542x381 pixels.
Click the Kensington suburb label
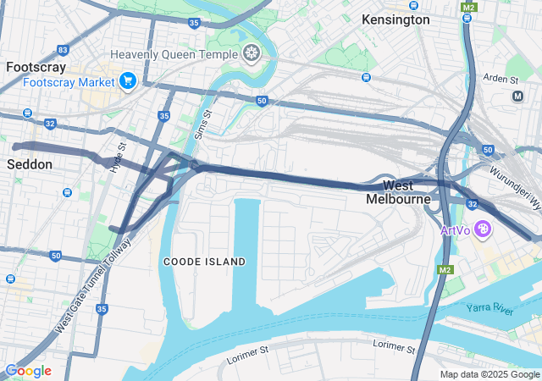(395, 19)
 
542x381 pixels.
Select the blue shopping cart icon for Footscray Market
(128, 81)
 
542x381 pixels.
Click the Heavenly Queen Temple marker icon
(251, 55)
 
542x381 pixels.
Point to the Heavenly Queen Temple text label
(174, 55)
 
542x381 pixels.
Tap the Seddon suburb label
(30, 163)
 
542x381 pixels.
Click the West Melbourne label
(398, 192)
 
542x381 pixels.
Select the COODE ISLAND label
(204, 262)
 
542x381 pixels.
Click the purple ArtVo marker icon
(483, 229)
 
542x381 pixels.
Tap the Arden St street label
(501, 79)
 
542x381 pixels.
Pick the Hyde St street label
(118, 158)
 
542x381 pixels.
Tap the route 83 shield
(64, 50)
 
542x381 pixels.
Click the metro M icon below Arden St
(517, 97)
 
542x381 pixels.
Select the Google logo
(28, 371)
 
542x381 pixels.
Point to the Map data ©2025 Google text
(489, 374)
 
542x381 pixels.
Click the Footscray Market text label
(68, 82)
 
